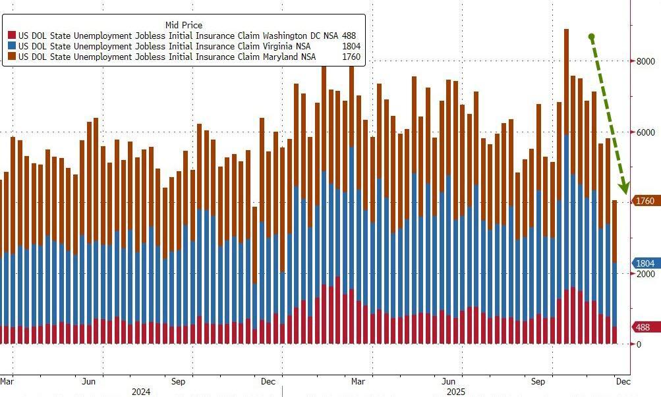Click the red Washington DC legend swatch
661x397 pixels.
coord(13,35)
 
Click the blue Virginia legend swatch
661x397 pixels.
coord(13,46)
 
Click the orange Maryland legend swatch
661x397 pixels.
coord(13,57)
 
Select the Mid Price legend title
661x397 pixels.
coord(183,25)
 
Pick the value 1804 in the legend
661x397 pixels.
coord(351,46)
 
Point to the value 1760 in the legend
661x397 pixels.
coord(351,57)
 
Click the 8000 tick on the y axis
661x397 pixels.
coord(645,61)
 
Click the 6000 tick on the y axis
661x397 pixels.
coord(645,132)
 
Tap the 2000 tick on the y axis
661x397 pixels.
coord(645,274)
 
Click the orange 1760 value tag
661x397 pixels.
coord(645,201)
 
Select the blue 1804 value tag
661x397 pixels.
coord(645,262)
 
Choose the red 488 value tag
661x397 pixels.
coord(643,327)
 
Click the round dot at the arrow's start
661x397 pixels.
coord(591,37)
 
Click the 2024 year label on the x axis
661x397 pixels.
coord(141,392)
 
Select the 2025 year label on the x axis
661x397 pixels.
coord(453,392)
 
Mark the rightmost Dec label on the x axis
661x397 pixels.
coord(623,381)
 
